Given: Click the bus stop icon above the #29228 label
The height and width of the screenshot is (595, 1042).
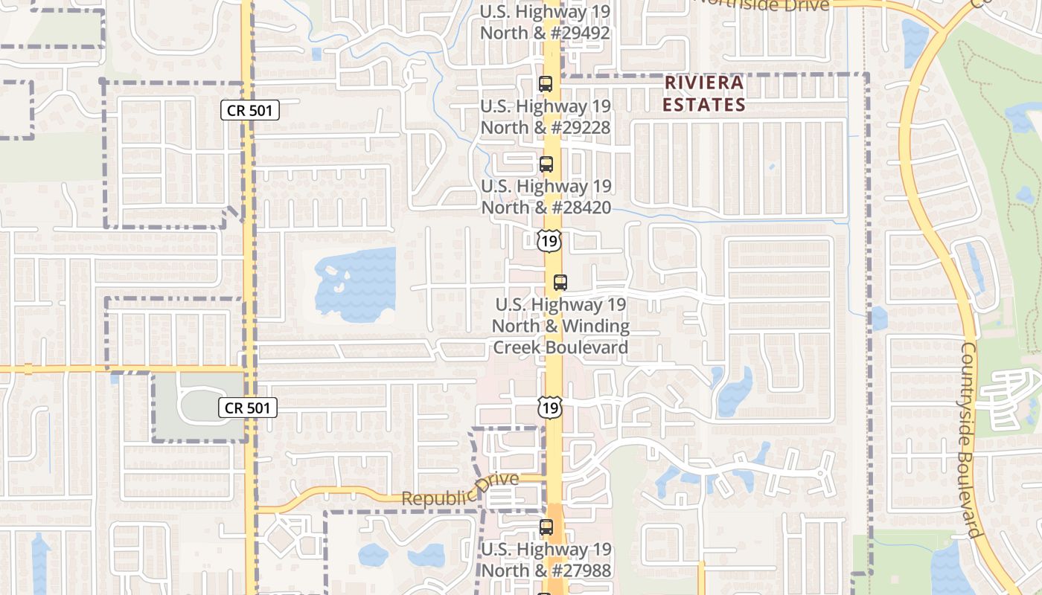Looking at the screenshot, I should click(x=546, y=84).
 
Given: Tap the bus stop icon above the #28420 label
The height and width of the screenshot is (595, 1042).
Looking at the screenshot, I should click(x=546, y=164).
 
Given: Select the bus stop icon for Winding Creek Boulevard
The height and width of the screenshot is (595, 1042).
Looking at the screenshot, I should click(x=560, y=283).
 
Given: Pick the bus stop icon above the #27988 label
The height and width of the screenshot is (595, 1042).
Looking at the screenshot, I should click(x=546, y=527).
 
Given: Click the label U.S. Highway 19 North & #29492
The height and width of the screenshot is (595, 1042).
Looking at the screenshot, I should click(x=545, y=22).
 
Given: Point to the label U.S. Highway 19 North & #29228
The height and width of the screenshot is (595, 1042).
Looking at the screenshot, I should click(x=545, y=117).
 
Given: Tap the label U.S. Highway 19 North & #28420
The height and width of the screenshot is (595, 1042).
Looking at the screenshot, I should click(x=546, y=196).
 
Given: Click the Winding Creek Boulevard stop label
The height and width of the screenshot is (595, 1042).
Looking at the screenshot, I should click(x=560, y=326).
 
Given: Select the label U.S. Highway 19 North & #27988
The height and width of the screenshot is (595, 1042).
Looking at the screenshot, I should click(x=546, y=560).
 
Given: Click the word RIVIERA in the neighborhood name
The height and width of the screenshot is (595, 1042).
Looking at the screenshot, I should click(x=704, y=83).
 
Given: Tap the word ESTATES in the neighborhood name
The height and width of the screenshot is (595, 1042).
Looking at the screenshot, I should click(x=704, y=105).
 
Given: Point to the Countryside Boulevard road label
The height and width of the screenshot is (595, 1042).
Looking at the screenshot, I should click(x=970, y=439).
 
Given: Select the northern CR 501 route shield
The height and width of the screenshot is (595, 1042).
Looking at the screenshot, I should click(x=250, y=111).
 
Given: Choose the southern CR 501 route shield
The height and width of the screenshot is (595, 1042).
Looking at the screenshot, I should click(x=249, y=408).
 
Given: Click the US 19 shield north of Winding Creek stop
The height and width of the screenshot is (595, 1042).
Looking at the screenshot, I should click(x=549, y=240).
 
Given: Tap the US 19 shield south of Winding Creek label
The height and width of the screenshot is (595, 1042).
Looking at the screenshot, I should click(x=549, y=407).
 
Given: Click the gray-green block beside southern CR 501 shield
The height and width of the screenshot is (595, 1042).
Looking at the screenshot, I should click(x=199, y=405).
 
